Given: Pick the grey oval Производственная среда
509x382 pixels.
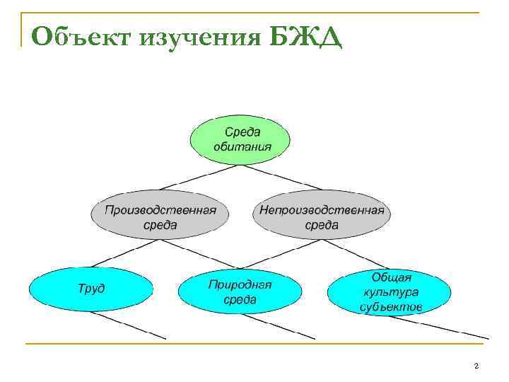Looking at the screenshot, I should [160, 217].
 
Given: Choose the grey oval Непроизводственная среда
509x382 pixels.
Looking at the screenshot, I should [322, 217].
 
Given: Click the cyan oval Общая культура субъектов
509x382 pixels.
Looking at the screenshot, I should [391, 291].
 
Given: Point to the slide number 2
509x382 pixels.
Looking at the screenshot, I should [476, 365].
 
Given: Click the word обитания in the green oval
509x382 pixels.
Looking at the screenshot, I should [242, 146].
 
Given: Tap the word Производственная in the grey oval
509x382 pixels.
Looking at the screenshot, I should [160, 209].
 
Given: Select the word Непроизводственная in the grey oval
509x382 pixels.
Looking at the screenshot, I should [322, 209].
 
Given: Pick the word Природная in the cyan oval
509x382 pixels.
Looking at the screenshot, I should [240, 284].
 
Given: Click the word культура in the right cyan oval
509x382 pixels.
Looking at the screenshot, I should [391, 291].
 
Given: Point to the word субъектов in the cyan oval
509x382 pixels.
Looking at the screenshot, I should [391, 306].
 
